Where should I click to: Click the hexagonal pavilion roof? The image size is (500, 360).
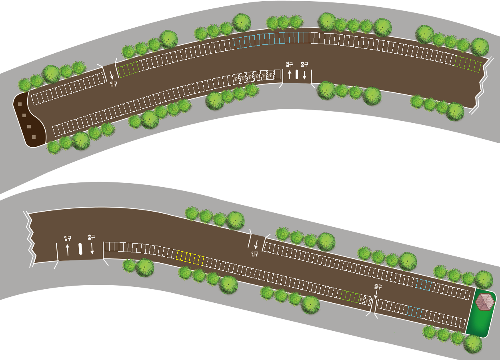485,302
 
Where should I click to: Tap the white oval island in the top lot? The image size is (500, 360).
297,74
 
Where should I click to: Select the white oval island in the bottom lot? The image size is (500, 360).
80,248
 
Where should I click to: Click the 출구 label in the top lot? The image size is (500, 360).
304,64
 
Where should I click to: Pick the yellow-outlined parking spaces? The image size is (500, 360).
190,258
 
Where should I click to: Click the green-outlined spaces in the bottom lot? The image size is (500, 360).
351,296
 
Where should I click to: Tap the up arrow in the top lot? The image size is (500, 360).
290,74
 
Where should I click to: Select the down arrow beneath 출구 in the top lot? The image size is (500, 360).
304,74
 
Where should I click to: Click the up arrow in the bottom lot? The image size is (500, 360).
67,250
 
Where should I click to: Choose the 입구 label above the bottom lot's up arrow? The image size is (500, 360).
68,238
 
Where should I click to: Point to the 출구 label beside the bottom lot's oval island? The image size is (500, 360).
91,237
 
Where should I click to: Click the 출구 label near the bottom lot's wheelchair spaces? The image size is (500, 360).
378,287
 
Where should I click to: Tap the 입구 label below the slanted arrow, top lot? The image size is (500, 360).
114,84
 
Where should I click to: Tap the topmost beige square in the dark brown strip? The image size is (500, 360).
20,104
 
